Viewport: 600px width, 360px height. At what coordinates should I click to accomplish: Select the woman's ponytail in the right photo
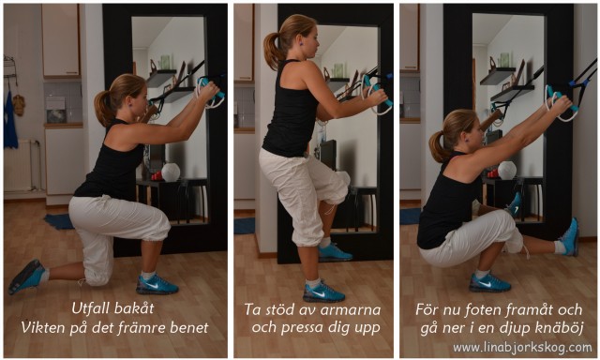click(438, 145)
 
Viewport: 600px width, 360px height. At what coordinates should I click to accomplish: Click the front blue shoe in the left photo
click(157, 283)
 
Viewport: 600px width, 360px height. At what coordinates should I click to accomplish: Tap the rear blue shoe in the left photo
click(26, 277)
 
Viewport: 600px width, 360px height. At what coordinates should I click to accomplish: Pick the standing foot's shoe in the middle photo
click(323, 292)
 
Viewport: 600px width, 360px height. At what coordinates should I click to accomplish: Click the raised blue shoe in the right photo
click(568, 236)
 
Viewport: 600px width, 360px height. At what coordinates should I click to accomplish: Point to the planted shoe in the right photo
click(489, 281)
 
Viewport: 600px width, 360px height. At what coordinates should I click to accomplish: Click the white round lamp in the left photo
click(171, 172)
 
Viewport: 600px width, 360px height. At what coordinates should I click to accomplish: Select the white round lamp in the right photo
click(506, 170)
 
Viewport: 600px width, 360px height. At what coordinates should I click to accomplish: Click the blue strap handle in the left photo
click(215, 92)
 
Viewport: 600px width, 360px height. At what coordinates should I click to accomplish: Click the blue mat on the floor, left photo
click(59, 222)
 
